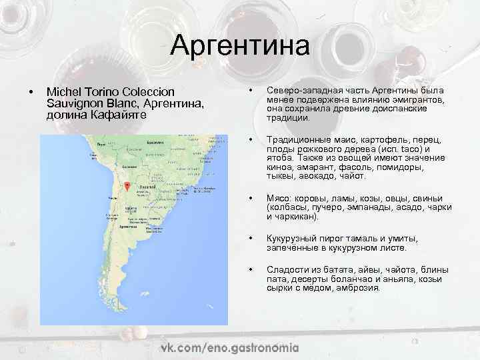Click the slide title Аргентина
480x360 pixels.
(240, 46)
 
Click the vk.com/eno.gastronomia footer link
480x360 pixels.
(229, 347)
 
